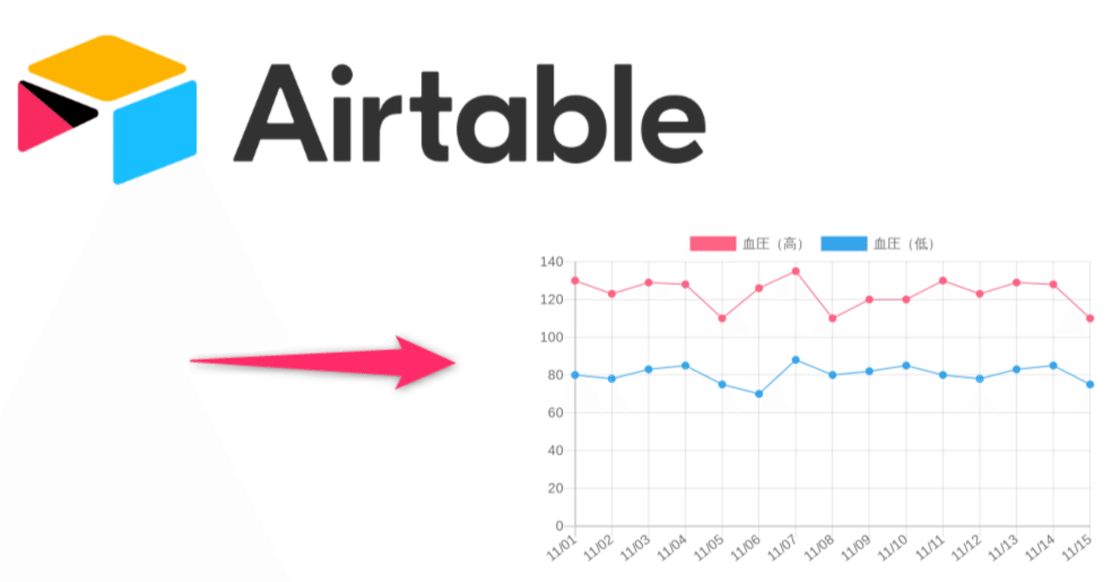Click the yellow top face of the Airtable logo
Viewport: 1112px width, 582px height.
107,67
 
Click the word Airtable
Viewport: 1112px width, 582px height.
469,113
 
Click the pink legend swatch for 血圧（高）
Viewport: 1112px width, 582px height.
712,244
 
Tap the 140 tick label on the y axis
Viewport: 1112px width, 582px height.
553,261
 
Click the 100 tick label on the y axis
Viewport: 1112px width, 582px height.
553,337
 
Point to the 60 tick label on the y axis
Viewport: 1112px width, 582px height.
556,413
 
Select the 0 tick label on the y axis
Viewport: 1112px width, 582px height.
559,526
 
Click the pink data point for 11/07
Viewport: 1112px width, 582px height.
796,271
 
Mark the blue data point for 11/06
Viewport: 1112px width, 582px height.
759,394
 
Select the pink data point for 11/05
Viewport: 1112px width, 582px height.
722,318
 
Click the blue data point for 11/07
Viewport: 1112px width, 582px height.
796,360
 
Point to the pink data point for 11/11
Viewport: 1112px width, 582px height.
943,281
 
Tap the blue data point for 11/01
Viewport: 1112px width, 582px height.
575,374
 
